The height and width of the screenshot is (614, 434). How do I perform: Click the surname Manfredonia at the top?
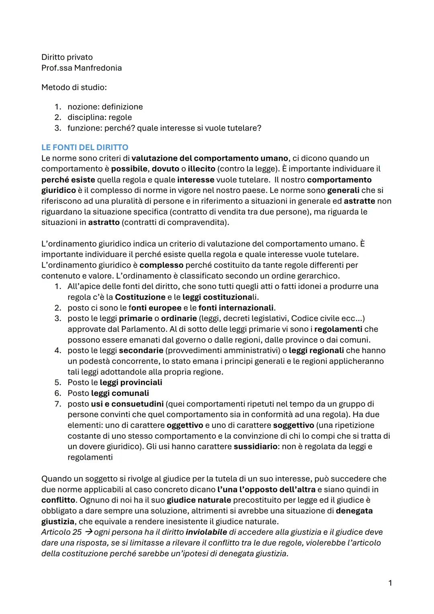tap(98, 68)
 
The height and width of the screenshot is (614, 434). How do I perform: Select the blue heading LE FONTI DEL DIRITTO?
tap(85, 147)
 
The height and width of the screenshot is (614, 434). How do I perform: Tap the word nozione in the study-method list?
tap(82, 107)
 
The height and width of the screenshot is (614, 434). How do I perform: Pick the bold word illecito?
tap(201, 169)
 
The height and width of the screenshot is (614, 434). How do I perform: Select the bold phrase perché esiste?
tap(68, 180)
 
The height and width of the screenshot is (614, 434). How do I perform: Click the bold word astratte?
tap(359, 201)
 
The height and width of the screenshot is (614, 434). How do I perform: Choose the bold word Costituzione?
tap(140, 297)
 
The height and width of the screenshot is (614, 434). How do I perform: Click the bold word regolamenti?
tap(338, 329)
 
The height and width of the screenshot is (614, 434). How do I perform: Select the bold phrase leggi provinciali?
tap(131, 383)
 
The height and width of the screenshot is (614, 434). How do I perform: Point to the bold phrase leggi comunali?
tap(120, 393)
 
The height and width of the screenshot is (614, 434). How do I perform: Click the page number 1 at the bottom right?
tap(390, 583)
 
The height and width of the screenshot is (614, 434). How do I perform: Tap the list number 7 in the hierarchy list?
tap(57, 404)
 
